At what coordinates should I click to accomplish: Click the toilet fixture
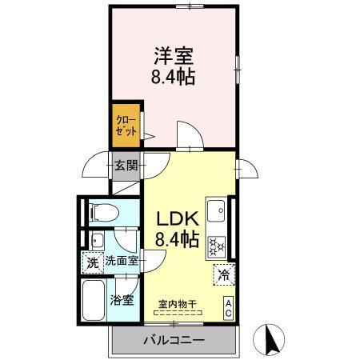102,212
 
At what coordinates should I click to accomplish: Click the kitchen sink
215,212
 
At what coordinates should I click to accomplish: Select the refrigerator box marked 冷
224,274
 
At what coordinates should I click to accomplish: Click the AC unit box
229,307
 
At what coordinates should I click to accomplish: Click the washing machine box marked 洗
92,261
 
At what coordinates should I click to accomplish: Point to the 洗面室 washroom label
122,261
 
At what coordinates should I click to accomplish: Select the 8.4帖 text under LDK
178,239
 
